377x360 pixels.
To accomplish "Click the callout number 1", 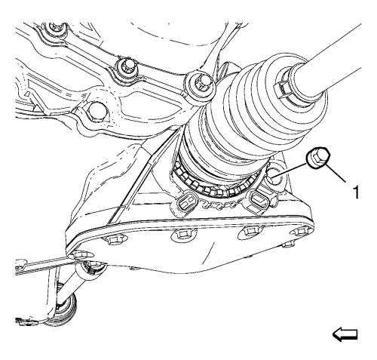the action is (x=355, y=192).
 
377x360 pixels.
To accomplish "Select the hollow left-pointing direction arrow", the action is (x=345, y=334).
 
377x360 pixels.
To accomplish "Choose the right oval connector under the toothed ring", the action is (x=257, y=198).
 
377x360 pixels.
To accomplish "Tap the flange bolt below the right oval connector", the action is (x=251, y=231).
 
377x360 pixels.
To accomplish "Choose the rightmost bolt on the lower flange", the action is (x=301, y=232).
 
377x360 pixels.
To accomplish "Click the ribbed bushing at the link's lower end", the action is (x=64, y=310).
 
